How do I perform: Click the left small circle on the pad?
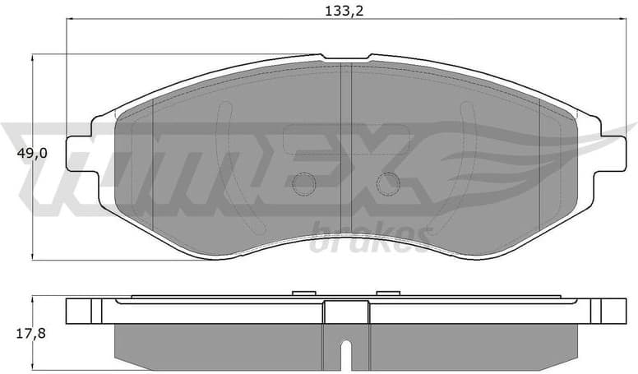coord(304,183)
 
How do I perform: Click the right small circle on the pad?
coord(388,183)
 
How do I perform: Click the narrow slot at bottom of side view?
coord(346,354)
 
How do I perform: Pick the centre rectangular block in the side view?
coord(346,312)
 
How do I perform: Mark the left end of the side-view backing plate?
coord(78,310)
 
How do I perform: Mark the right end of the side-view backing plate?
coord(613,310)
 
